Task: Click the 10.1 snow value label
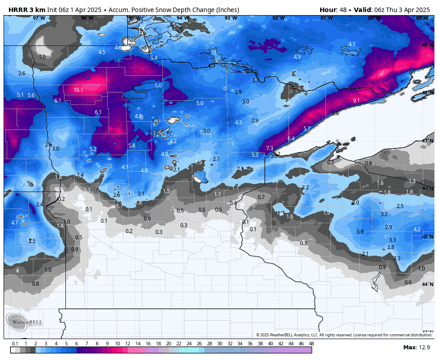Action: pos(78,90)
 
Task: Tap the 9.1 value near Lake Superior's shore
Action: pos(356,101)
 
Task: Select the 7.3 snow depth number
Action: pos(269,148)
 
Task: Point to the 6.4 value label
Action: pos(291,139)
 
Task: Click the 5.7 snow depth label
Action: pos(307,129)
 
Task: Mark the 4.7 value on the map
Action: pos(15,223)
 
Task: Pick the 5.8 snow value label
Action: pos(131,146)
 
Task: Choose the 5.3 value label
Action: pos(255,155)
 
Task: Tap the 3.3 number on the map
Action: pos(393,240)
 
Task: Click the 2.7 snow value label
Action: pos(216,159)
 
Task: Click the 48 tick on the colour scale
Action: pos(311,344)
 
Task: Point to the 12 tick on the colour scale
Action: pos(128,344)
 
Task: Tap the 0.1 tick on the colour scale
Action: pos(15,344)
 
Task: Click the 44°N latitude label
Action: pos(427,284)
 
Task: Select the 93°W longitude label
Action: pos(231,18)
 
